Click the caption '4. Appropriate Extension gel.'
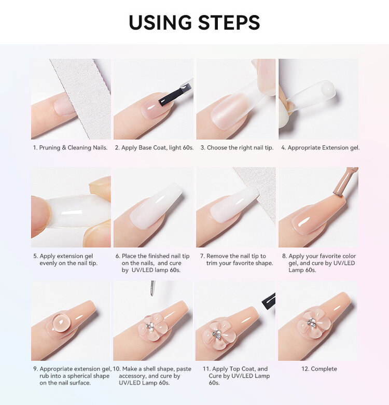click(320, 148)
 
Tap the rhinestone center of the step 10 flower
click(149, 326)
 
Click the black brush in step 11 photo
click(269, 300)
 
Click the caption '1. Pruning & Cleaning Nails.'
click(70, 148)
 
